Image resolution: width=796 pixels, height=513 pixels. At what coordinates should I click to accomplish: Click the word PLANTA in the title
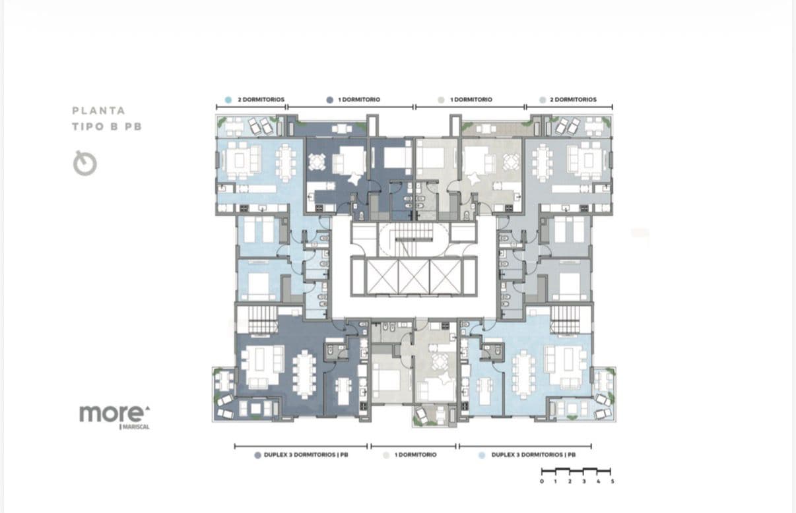coord(99,111)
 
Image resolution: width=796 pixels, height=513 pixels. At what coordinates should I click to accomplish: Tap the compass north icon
coord(85,164)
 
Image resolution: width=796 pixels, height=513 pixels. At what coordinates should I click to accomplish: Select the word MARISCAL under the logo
coord(135,427)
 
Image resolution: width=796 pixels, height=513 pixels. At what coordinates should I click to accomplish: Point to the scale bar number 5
coord(613,481)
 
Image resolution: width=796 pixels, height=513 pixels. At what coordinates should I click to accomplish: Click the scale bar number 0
coord(542,481)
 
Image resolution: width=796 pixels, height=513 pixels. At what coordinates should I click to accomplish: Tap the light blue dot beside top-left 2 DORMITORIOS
coord(228,100)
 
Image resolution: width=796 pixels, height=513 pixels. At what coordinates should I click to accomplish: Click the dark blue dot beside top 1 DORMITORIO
coord(330,100)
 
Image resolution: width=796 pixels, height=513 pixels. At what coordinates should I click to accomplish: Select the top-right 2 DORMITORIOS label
coord(573,100)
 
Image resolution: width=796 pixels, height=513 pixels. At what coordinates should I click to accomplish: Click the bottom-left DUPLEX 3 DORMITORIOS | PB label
coord(306,455)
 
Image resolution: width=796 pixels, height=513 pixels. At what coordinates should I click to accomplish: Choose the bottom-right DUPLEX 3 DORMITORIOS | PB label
coord(533,455)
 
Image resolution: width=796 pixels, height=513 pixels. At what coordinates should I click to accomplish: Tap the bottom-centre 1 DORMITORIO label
coord(415,455)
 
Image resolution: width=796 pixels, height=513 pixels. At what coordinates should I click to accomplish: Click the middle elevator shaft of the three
coord(414,276)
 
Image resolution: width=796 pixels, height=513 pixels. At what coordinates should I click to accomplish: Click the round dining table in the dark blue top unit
coord(316,162)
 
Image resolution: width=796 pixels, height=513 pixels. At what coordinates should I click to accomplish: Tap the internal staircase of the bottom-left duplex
coord(263,320)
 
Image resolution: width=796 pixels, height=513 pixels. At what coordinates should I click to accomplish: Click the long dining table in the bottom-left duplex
coord(304,375)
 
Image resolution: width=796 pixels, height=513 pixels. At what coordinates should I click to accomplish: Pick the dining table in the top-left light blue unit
coord(286,163)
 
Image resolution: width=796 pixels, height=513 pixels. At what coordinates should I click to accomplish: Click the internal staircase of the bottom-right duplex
coord(566,320)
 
